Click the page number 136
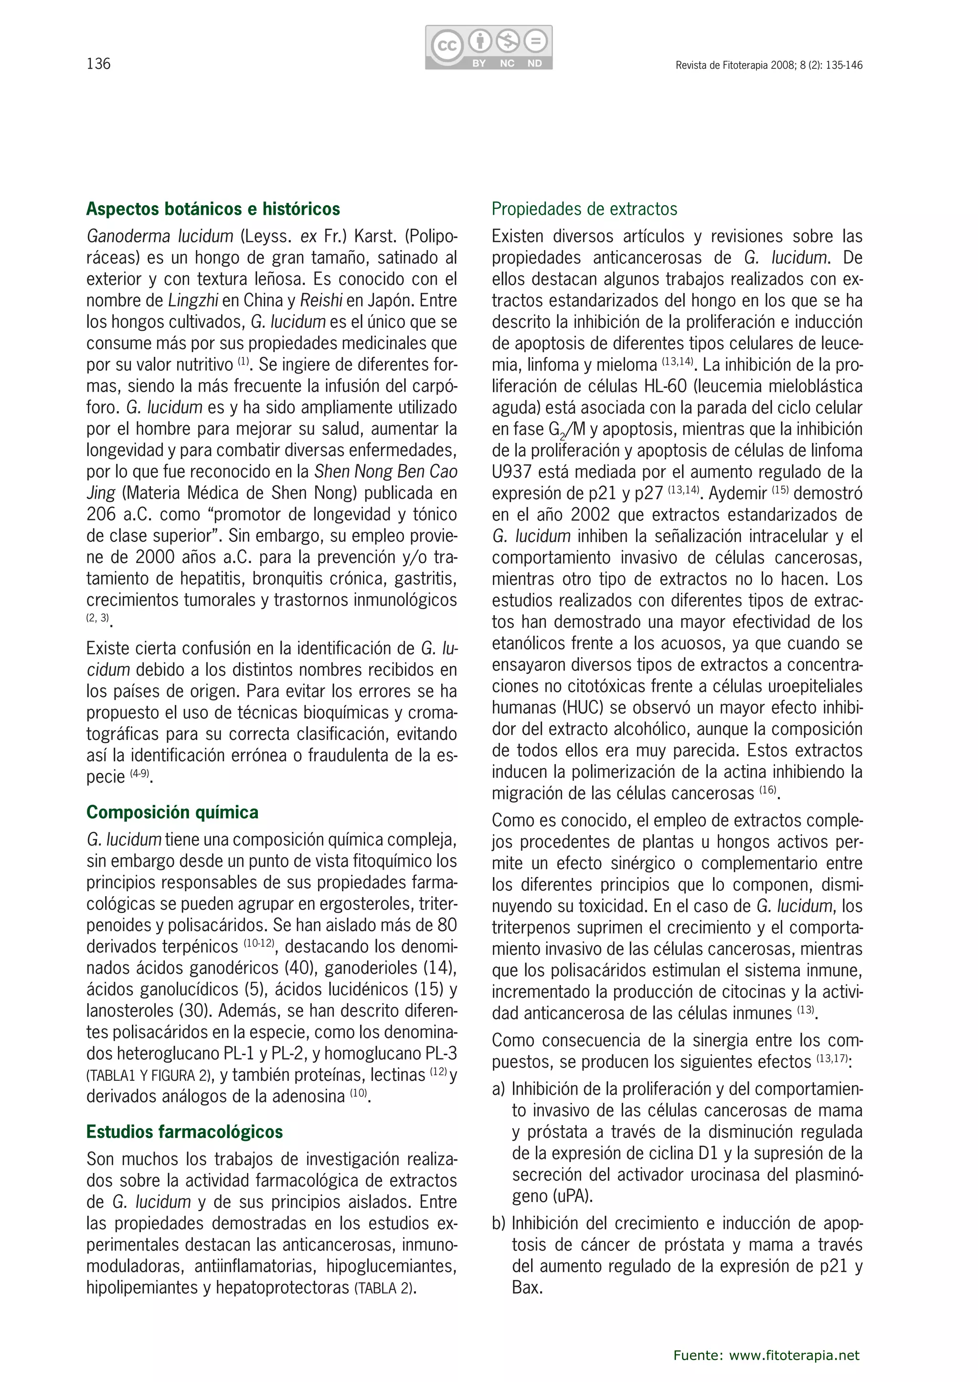point(99,64)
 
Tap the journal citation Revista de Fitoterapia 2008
point(768,65)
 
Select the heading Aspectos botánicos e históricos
point(213,209)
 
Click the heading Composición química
point(172,812)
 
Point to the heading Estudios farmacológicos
point(184,1131)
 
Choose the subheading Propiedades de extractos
point(584,209)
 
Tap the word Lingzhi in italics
point(193,300)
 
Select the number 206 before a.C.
point(101,514)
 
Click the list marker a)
point(499,1089)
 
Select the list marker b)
point(499,1224)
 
